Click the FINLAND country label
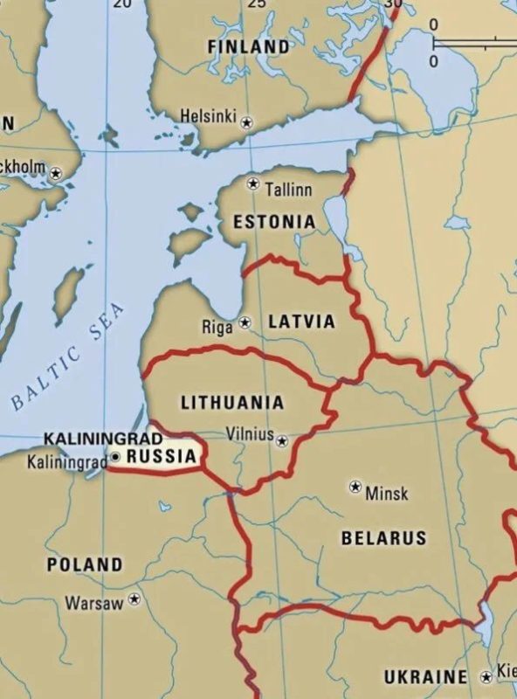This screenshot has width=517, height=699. pos(248,45)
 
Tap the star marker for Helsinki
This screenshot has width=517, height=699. pos(246,121)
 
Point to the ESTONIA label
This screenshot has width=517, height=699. pos(273,222)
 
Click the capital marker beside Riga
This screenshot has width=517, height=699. pos(245,322)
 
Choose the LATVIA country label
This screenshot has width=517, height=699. pos(301,322)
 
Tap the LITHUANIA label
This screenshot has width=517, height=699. pos(232,403)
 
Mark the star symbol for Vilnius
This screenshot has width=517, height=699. pos(281,441)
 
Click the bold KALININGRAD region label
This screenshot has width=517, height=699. pos(103,437)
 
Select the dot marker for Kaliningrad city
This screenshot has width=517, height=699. pos(115,456)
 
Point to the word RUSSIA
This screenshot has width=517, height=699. pos(161,455)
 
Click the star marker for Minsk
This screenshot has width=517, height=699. pos(355,486)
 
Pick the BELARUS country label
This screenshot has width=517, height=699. pos(383,537)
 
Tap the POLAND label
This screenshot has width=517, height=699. pos(85,564)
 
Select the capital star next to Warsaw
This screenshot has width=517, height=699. pos(134,599)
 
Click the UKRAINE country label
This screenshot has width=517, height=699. pos(425,676)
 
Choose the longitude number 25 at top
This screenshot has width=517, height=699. pos(257,4)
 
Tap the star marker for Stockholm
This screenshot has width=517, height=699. pos(57,173)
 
